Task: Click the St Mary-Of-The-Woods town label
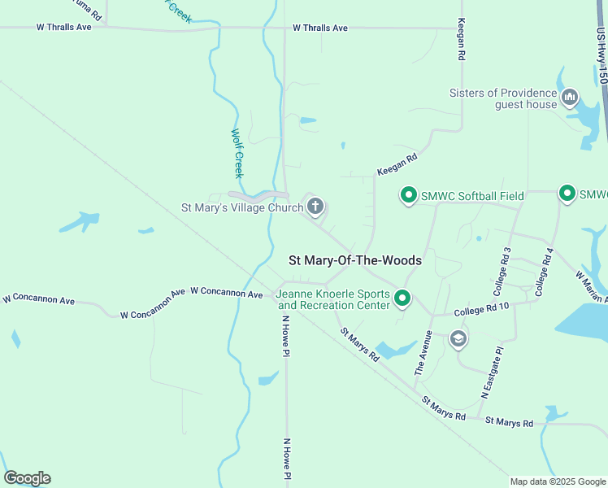coord(355,260)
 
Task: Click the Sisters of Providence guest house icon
coord(570,98)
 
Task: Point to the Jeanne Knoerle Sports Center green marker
coord(402,299)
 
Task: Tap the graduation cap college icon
coord(458,338)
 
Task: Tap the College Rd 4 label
coord(545,271)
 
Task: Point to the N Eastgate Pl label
coord(493,370)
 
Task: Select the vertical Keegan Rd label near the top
coord(461,40)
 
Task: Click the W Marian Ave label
coord(591,286)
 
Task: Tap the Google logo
coord(27,478)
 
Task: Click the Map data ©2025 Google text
coord(557,481)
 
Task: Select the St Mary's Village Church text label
coord(241,207)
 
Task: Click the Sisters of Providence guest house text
coord(504,98)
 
